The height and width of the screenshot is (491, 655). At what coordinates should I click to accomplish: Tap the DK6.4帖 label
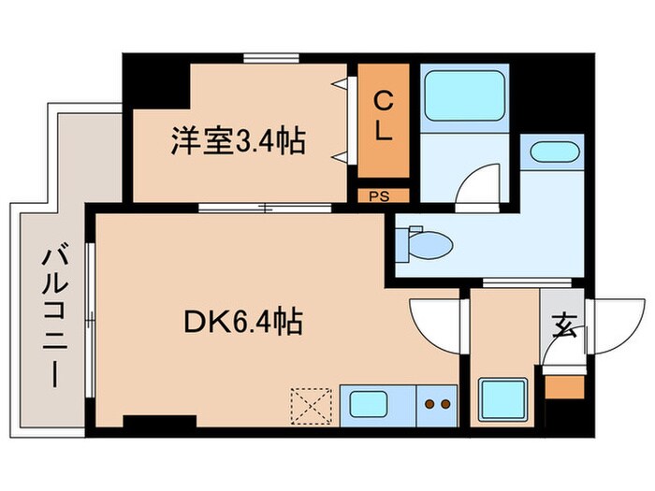pyautogui.click(x=240, y=324)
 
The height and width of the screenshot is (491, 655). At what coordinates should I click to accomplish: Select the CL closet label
pyautogui.click(x=384, y=116)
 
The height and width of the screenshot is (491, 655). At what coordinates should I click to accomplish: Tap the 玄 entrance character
pyautogui.click(x=564, y=326)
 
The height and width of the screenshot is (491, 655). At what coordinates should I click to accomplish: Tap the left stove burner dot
pyautogui.click(x=429, y=405)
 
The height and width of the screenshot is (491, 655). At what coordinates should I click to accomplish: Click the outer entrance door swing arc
pyautogui.click(x=613, y=323)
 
